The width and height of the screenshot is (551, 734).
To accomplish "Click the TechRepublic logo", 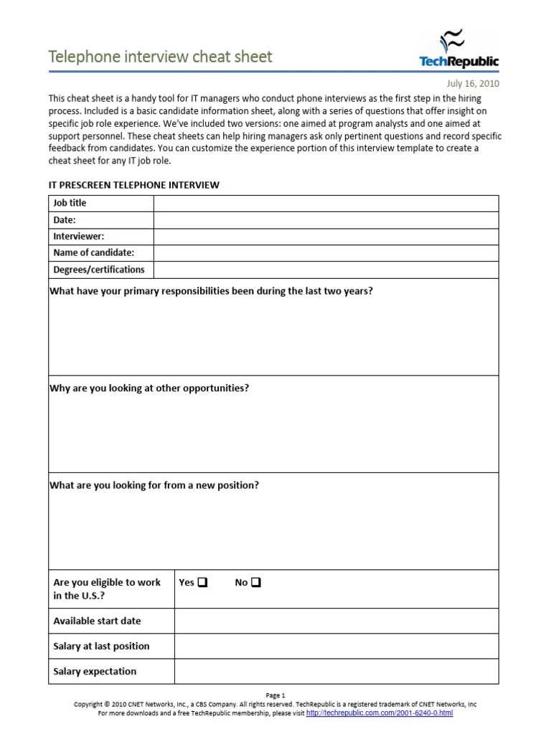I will (x=458, y=49).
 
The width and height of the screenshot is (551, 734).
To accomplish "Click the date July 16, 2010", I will (x=473, y=83).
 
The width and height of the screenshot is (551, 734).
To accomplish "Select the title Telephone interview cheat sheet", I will (x=160, y=57).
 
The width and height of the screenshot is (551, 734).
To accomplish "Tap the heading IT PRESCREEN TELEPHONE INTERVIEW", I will (x=133, y=185).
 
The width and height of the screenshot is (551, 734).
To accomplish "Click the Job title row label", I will (x=70, y=203).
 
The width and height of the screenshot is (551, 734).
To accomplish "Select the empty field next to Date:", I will (x=326, y=220).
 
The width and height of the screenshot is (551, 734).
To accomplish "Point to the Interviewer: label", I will (x=78, y=236).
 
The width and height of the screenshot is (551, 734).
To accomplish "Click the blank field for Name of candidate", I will (x=326, y=253).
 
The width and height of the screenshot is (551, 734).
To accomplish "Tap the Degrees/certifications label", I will (x=98, y=270).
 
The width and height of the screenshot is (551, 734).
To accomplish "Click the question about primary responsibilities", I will (x=211, y=292).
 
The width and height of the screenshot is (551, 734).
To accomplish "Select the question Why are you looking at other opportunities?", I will (x=149, y=389).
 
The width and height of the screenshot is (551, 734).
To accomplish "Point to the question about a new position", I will (x=154, y=485).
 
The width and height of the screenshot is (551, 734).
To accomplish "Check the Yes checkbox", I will (x=202, y=583).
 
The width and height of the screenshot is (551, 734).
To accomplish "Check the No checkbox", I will (x=256, y=583).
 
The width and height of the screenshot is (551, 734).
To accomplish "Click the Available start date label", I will (x=97, y=621).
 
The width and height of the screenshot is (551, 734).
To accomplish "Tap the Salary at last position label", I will (x=101, y=646).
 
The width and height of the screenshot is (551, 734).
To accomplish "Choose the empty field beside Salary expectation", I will (x=336, y=672).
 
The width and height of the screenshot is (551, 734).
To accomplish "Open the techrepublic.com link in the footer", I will (x=380, y=713).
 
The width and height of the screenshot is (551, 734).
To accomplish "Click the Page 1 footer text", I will (x=275, y=695).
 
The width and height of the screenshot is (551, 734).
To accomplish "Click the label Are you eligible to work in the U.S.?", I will (x=107, y=589).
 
